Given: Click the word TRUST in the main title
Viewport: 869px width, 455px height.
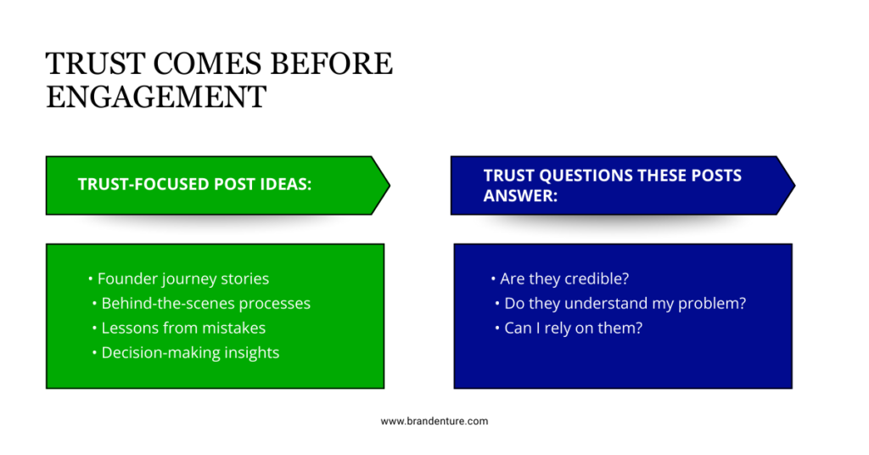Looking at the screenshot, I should click(x=87, y=64).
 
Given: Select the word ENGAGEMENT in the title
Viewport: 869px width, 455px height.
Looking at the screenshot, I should click(x=155, y=96).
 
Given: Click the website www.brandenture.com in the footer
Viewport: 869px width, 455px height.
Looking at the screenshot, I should click(x=434, y=421).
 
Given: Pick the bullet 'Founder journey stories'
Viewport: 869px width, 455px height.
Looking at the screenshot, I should click(x=182, y=278).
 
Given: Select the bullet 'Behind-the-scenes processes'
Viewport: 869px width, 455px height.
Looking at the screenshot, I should click(x=205, y=303).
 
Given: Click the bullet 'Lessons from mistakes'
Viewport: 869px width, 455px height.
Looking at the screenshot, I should click(x=183, y=328).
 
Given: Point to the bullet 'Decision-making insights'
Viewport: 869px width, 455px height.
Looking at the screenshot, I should click(x=190, y=352).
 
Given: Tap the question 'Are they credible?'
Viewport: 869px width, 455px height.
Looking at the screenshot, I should click(x=563, y=278).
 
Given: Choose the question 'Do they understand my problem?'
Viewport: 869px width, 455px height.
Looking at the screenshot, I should click(x=625, y=303).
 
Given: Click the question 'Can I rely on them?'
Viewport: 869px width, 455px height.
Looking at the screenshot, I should click(x=573, y=328).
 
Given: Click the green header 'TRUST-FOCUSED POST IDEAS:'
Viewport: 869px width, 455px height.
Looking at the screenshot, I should click(x=194, y=184).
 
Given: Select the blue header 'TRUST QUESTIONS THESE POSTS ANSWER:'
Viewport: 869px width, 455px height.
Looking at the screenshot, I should click(x=612, y=185).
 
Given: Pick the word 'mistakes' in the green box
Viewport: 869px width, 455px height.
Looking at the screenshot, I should click(x=234, y=328).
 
